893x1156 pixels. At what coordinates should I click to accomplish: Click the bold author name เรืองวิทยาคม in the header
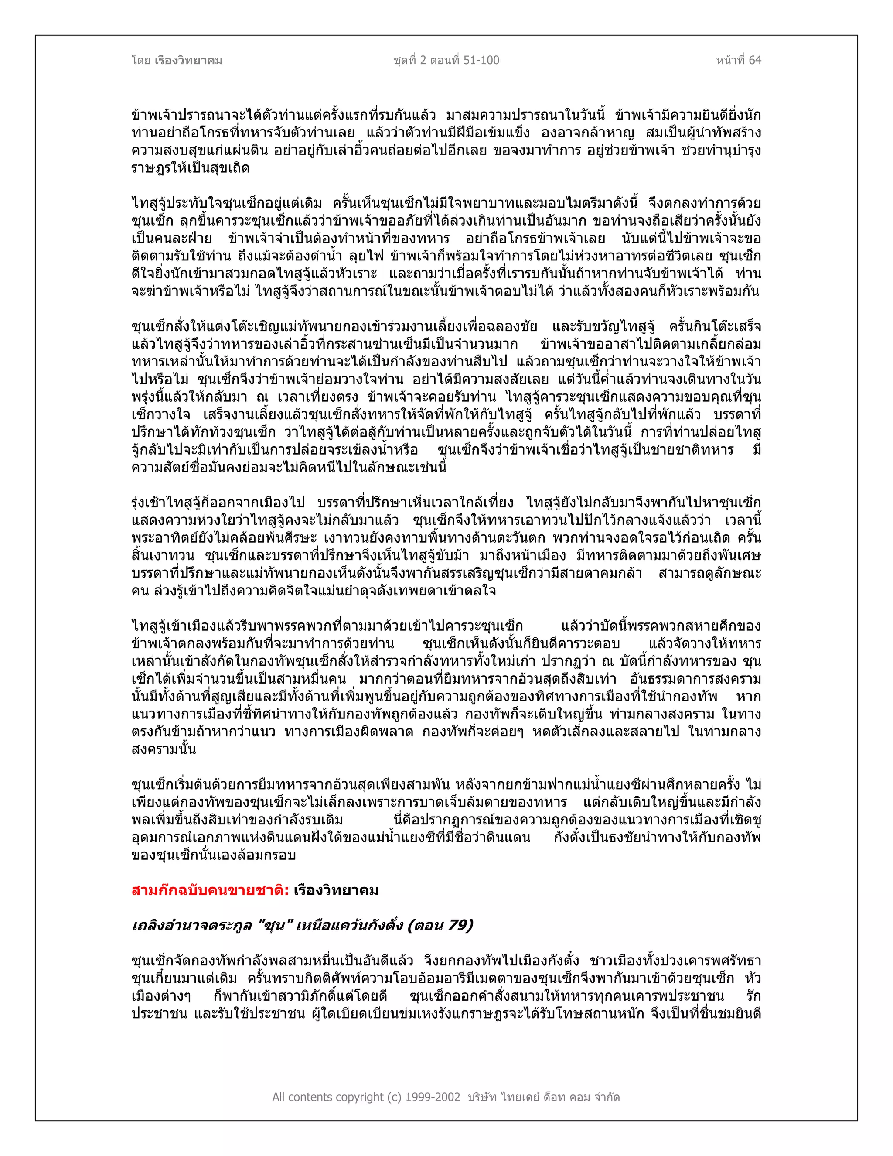pos(188,60)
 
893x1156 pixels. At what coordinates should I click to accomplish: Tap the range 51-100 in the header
pos(481,60)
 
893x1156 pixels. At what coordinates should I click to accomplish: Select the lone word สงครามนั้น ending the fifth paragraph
pos(164,750)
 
